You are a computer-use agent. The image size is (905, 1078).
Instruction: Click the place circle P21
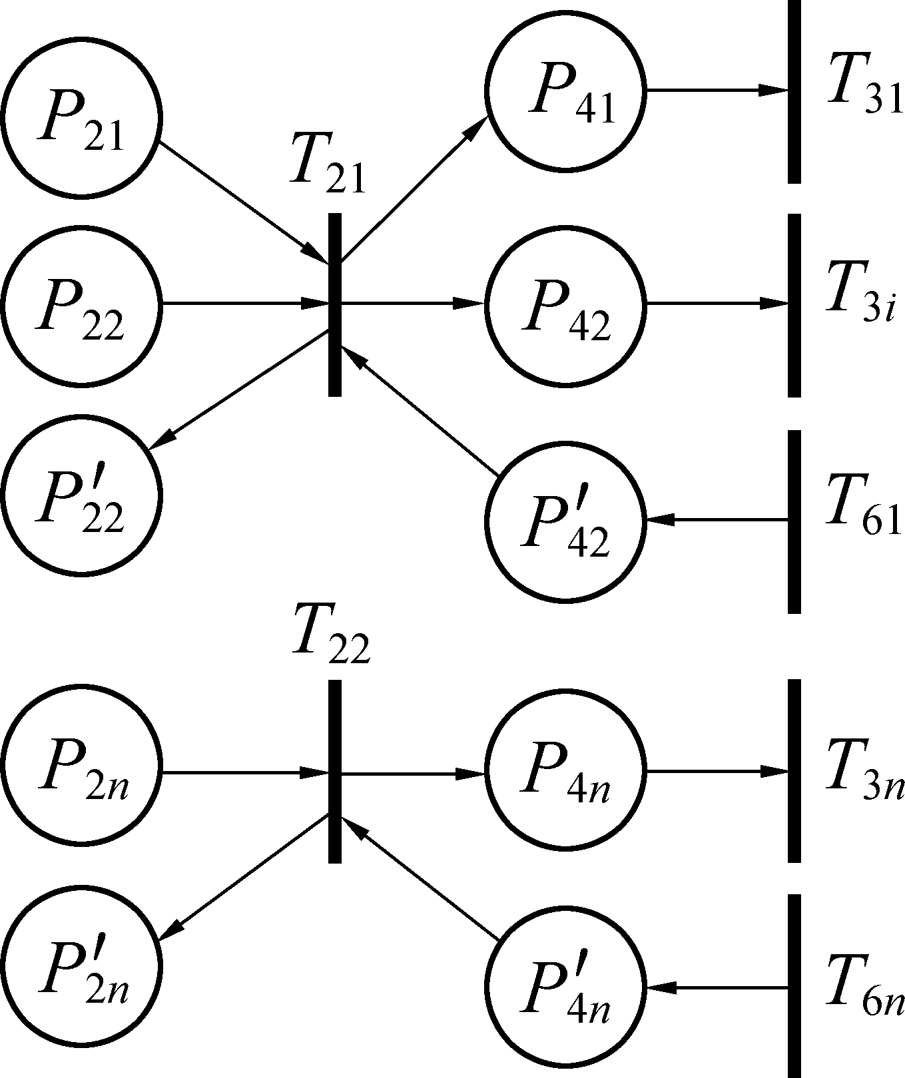[x=81, y=118]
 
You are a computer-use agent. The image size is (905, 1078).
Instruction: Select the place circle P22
[x=81, y=304]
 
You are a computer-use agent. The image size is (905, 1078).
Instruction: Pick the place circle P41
[x=565, y=91]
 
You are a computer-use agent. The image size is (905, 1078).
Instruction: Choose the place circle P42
[x=565, y=304]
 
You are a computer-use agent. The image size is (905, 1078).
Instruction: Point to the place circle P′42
[x=565, y=521]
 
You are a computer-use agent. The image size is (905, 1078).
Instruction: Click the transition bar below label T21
[x=335, y=304]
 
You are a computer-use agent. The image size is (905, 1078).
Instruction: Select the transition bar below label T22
[x=335, y=771]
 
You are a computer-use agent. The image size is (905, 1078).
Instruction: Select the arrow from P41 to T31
[x=717, y=90]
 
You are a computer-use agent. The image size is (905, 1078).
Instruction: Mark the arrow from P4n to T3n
[x=717, y=772]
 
